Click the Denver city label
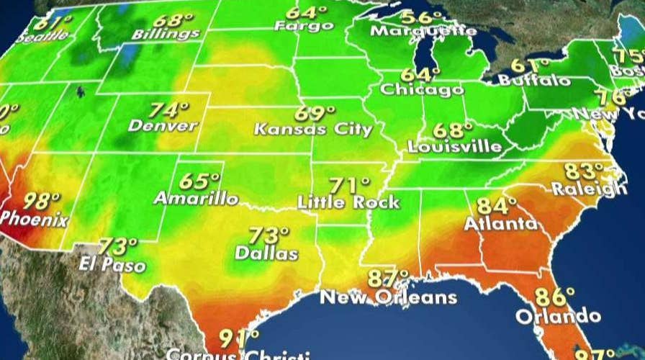coord(163,126)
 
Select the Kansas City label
coord(314,130)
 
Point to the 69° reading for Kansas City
coord(314,114)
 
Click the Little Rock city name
coord(348,202)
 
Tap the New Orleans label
coord(388,297)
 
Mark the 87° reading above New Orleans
coord(388,279)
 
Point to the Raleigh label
coord(588,189)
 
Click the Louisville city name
coord(454,146)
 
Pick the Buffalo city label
coord(534,81)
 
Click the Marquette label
coord(423,32)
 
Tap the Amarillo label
coord(196,199)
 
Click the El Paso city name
coord(112,264)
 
